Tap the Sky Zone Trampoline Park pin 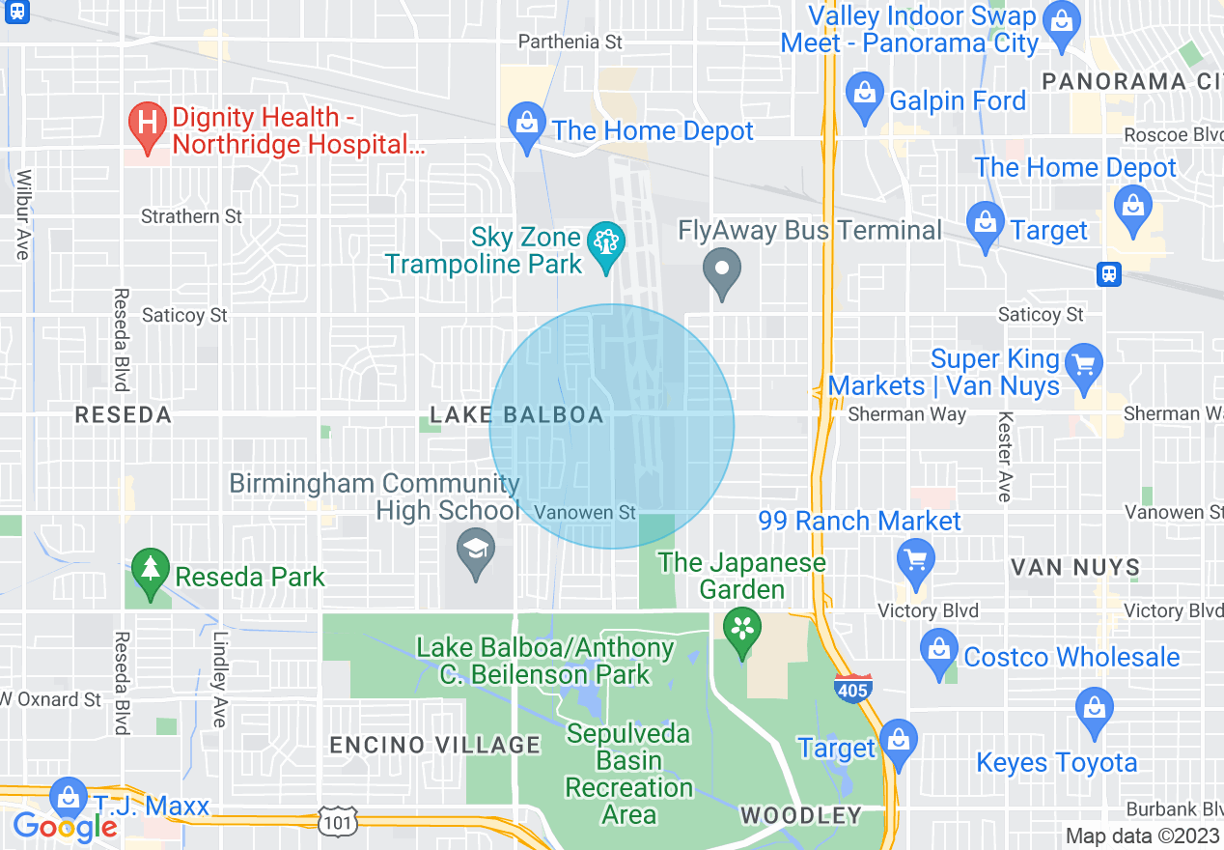[605, 243]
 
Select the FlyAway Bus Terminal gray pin [721, 269]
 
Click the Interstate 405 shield [852, 687]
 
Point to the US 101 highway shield [341, 821]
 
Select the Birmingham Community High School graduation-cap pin [475, 552]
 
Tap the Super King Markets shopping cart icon [1084, 366]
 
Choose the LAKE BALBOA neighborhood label [516, 415]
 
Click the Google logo [66, 826]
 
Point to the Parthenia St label [570, 42]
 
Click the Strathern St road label [191, 216]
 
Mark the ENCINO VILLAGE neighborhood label [435, 745]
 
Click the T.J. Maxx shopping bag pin [68, 798]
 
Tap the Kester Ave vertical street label [1005, 457]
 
